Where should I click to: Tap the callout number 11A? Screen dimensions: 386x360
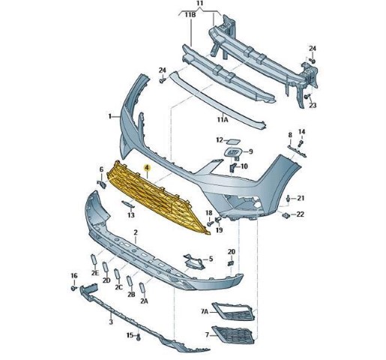[223, 120]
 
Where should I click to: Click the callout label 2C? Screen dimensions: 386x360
[119, 287]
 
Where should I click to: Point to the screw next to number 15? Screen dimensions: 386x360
[139, 337]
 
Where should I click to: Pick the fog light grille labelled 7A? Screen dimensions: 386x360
[233, 311]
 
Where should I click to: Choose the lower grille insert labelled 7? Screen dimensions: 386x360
[233, 334]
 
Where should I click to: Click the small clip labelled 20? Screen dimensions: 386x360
[231, 263]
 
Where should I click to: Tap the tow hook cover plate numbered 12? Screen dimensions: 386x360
[233, 142]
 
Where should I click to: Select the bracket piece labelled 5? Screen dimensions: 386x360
[193, 261]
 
